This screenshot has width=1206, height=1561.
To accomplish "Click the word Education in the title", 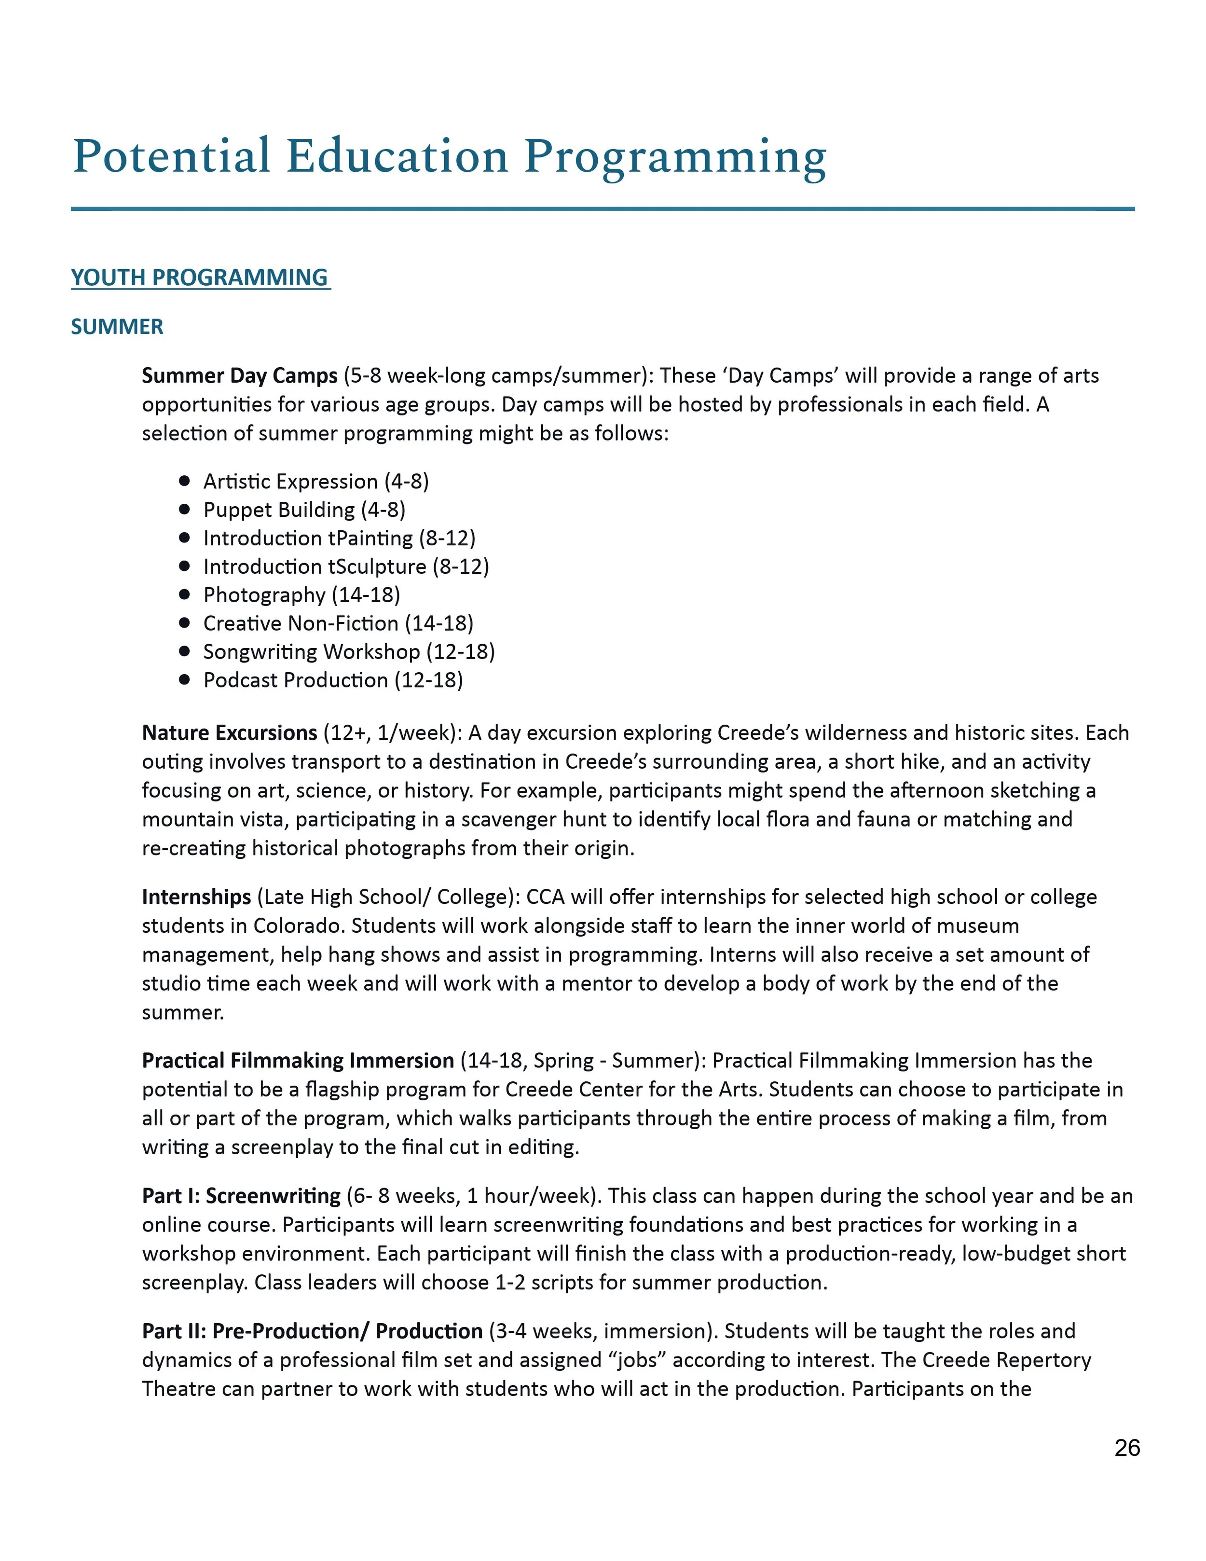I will click(x=397, y=156).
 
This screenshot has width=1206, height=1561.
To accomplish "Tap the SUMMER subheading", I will click(x=117, y=327).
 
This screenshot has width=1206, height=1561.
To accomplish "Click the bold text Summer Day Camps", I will click(x=239, y=376).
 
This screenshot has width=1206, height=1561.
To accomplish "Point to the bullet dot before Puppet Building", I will click(x=184, y=510).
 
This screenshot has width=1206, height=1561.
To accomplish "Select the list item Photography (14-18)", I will click(x=301, y=594).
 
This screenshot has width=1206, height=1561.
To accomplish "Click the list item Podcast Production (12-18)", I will click(x=333, y=680).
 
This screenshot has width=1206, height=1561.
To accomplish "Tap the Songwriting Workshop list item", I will click(x=349, y=651).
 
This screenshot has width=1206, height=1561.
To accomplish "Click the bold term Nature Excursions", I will click(x=229, y=732).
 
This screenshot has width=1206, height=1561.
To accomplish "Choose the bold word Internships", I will click(x=196, y=897).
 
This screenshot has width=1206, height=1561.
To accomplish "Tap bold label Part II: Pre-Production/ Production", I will click(x=312, y=1331).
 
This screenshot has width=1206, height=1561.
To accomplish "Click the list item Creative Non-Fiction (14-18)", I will click(x=338, y=623).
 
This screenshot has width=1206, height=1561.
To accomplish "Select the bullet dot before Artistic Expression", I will click(x=184, y=481).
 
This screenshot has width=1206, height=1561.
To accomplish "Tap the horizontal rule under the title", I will click(x=603, y=209).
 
